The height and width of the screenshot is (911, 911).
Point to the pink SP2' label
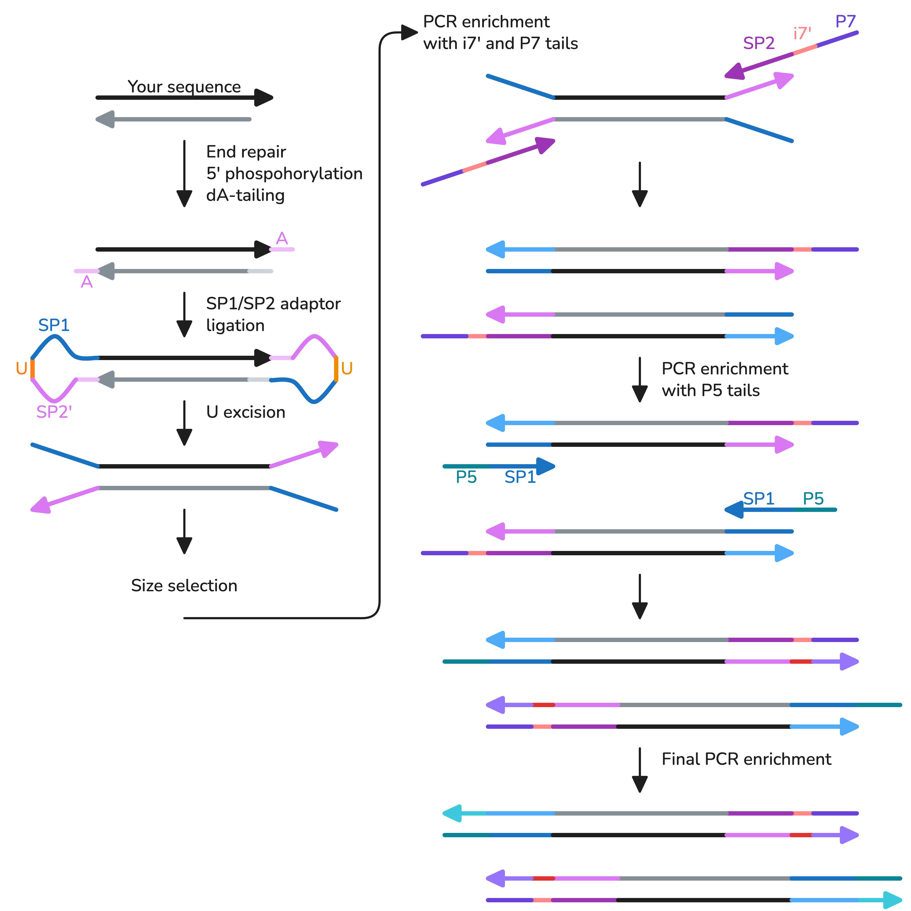pyautogui.click(x=54, y=412)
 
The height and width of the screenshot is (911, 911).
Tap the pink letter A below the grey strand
pyautogui.click(x=87, y=282)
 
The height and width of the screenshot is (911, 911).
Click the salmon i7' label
pyautogui.click(x=802, y=33)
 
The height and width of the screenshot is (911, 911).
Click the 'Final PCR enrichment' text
pyautogui.click(x=746, y=759)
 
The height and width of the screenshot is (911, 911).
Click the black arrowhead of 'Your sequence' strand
pyautogui.click(x=263, y=98)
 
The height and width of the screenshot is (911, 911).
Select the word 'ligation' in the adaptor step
pyautogui.click(x=235, y=325)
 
